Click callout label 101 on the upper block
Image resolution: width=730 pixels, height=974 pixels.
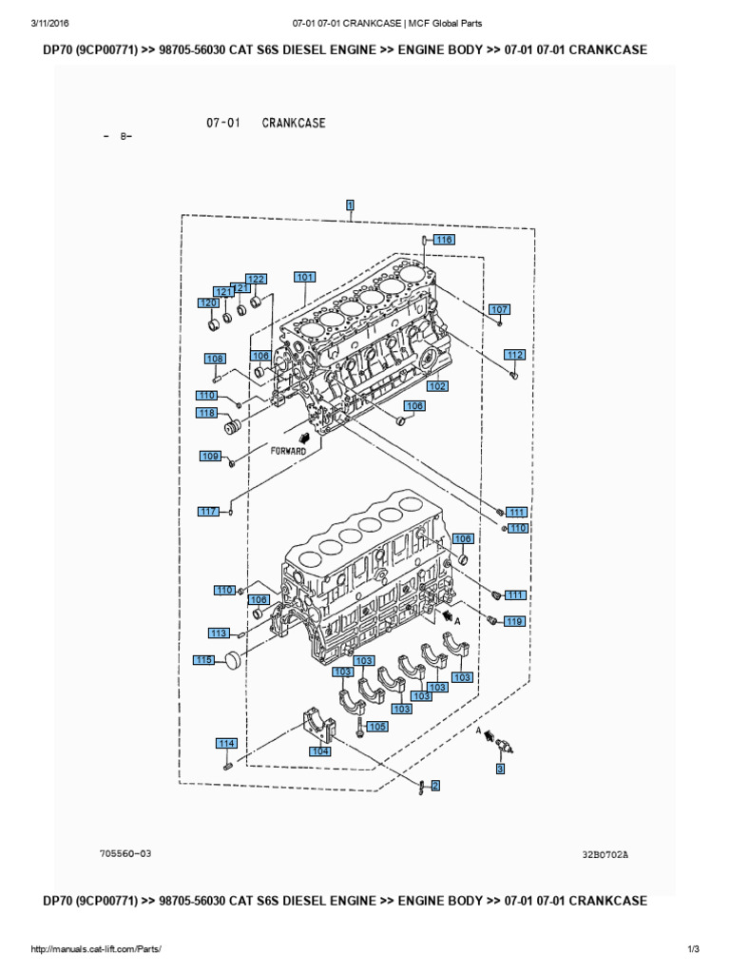[304, 278]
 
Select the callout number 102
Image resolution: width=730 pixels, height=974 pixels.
[436, 386]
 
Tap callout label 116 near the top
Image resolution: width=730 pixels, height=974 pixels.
[444, 240]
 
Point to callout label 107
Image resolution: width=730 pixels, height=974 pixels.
[499, 309]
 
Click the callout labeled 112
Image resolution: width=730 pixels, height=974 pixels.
[514, 355]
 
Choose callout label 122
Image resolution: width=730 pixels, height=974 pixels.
[256, 279]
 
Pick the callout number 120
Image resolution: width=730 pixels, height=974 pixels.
[208, 302]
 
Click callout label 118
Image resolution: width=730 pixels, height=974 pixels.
[207, 413]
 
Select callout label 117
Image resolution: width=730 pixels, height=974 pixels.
[208, 512]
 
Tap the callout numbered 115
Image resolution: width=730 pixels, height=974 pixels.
[203, 660]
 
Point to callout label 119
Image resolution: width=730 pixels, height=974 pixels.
[514, 622]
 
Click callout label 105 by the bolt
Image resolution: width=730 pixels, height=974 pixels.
[377, 727]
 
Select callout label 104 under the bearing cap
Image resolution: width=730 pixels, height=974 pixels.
[320, 750]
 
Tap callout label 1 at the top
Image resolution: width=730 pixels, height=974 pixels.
[351, 205]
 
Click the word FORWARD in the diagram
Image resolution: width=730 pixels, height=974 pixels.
[287, 451]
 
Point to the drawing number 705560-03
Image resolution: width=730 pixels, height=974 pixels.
[125, 853]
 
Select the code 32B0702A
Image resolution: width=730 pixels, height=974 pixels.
[605, 854]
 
